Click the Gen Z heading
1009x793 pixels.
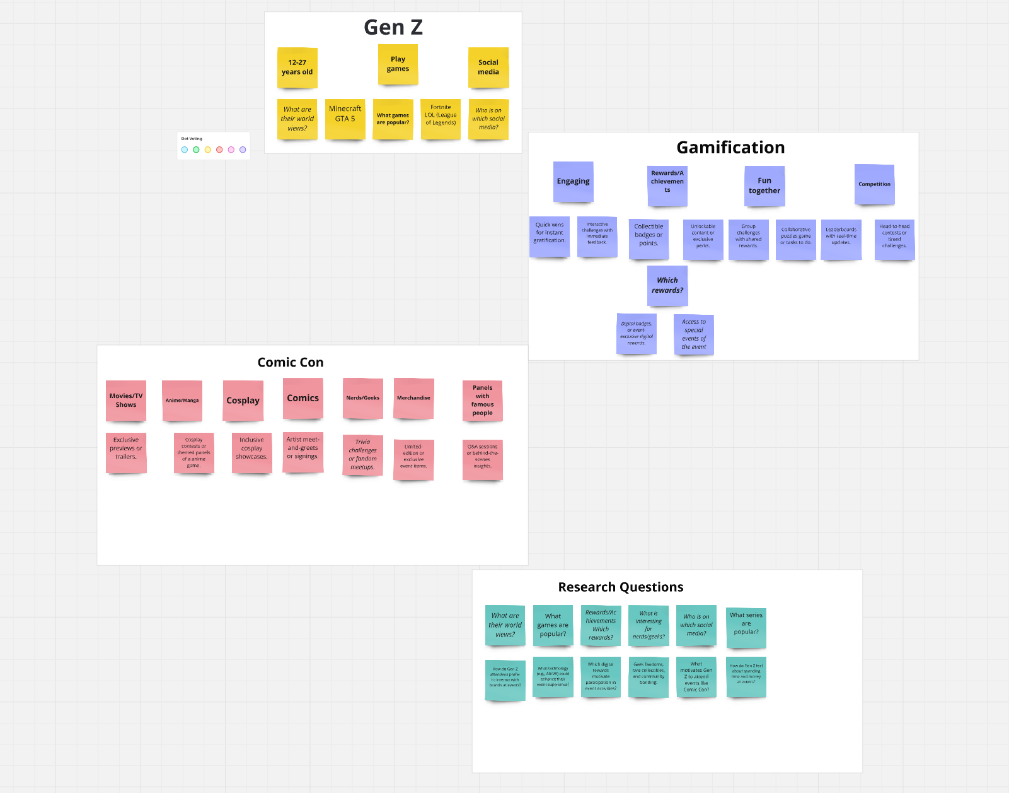(x=393, y=28)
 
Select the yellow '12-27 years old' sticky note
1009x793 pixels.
(x=297, y=68)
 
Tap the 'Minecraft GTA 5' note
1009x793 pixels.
(x=345, y=118)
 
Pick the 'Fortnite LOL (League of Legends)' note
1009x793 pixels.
(x=441, y=118)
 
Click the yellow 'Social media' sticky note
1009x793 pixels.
(x=488, y=68)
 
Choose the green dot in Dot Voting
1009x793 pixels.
(x=196, y=150)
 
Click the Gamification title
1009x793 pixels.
(x=730, y=148)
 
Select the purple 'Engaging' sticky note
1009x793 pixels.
(x=573, y=182)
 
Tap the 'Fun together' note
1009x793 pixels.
(x=764, y=185)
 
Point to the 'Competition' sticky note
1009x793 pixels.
(x=874, y=184)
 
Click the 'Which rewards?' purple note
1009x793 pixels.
(x=667, y=285)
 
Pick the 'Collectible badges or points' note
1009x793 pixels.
(x=649, y=238)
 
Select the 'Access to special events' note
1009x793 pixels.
(x=694, y=334)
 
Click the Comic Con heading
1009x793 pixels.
(x=291, y=363)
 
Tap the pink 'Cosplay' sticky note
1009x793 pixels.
(x=243, y=401)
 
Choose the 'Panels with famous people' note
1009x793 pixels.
(x=482, y=401)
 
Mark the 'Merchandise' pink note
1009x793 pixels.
(x=413, y=398)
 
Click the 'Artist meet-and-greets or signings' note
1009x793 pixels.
(x=303, y=452)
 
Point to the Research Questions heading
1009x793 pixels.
(x=621, y=587)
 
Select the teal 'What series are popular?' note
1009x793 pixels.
(x=746, y=626)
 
